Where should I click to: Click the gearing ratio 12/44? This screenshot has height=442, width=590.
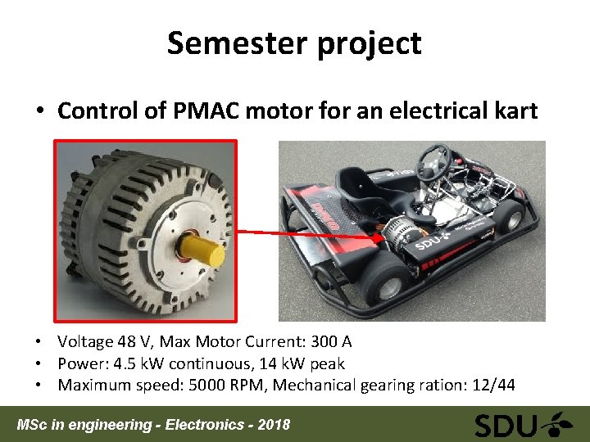[x=492, y=386]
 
